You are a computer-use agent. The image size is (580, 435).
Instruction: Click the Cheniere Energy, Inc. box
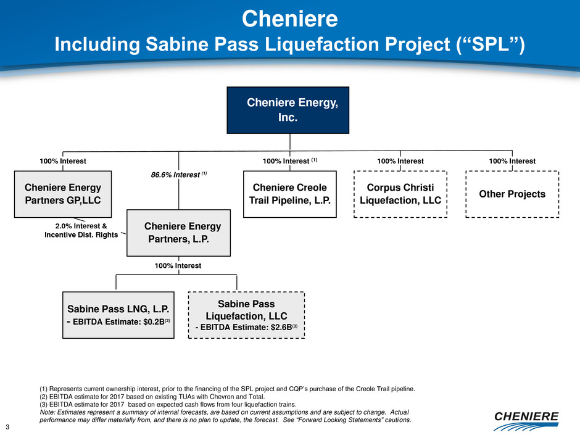(288, 110)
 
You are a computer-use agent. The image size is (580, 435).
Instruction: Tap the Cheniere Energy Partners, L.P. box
(178, 232)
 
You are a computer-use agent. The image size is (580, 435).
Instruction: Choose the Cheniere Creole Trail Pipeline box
(290, 194)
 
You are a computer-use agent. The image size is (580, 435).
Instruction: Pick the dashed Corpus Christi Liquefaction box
(400, 194)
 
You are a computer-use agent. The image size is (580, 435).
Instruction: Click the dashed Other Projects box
(512, 194)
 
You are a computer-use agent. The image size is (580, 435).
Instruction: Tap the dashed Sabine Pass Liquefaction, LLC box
(246, 315)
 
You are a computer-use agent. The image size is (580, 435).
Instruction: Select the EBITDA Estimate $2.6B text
(246, 328)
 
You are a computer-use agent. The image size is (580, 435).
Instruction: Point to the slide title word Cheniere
(289, 19)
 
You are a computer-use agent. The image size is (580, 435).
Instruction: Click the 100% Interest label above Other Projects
(512, 161)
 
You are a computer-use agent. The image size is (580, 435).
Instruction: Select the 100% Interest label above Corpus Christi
(400, 161)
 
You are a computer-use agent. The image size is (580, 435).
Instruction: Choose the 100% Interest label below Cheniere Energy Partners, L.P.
(178, 265)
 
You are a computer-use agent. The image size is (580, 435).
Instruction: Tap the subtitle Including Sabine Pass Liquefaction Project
(289, 44)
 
